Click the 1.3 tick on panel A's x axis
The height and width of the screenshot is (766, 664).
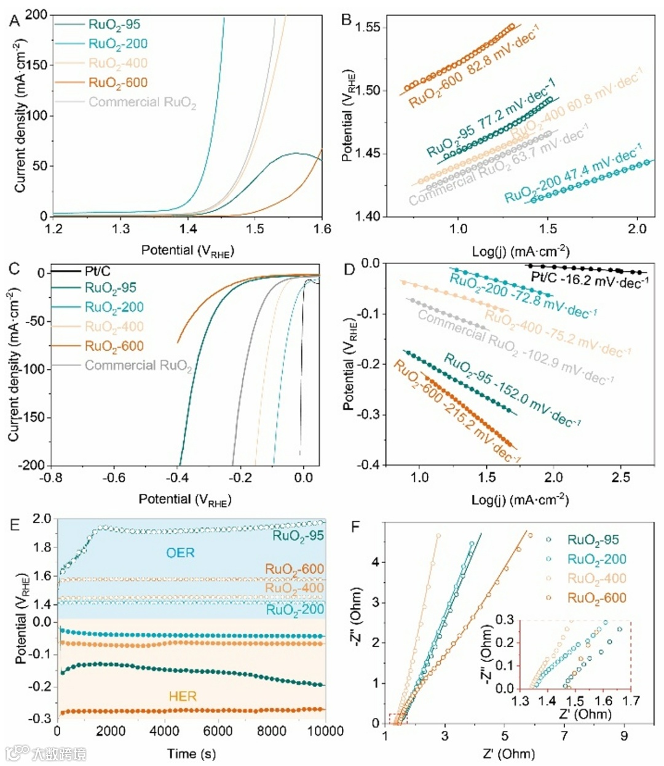click(121, 229)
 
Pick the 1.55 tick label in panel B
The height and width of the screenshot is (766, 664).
click(368, 27)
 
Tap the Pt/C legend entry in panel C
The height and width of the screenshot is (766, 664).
click(97, 271)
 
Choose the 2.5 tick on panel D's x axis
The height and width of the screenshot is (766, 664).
click(620, 478)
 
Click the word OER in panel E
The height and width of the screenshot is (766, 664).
click(180, 553)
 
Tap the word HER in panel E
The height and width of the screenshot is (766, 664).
click(183, 696)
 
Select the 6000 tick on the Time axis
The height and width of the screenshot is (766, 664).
click(218, 731)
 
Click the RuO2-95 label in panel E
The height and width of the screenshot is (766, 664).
click(298, 535)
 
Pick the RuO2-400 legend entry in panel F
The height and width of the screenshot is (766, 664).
click(596, 578)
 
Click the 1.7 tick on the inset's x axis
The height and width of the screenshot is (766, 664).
click(631, 701)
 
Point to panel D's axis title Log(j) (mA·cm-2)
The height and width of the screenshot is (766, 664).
click(520, 500)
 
